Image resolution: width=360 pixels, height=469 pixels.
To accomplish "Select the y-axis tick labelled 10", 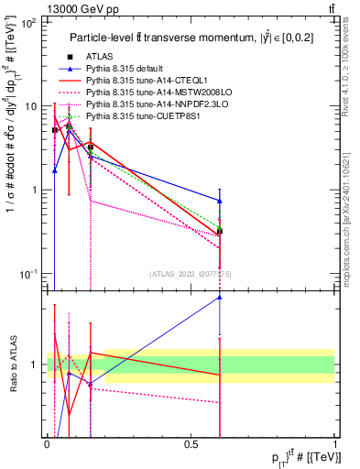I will point(27,106).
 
